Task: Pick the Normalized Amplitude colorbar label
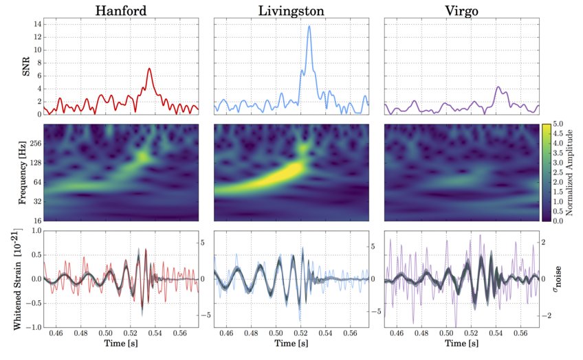click(x=573, y=173)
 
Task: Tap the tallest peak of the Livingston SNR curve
click(x=309, y=27)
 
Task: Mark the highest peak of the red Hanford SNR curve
click(x=148, y=68)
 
